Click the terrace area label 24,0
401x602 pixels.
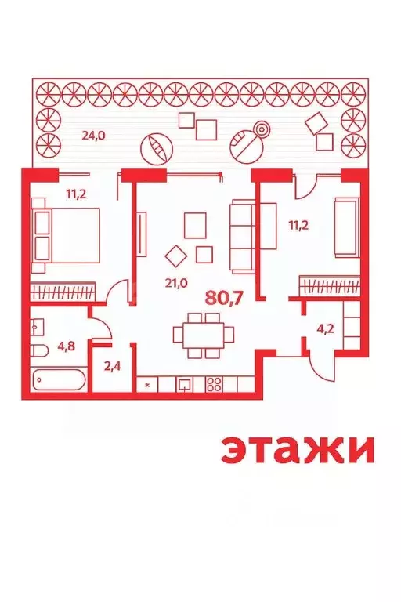(x=93, y=135)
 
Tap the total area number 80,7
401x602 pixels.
(x=223, y=298)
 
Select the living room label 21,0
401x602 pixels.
(x=176, y=284)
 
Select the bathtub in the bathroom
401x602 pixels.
(x=60, y=379)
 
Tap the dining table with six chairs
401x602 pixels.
(x=204, y=335)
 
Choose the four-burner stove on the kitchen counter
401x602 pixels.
(x=214, y=384)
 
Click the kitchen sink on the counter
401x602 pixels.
(x=184, y=384)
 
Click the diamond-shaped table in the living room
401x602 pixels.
(x=177, y=256)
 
